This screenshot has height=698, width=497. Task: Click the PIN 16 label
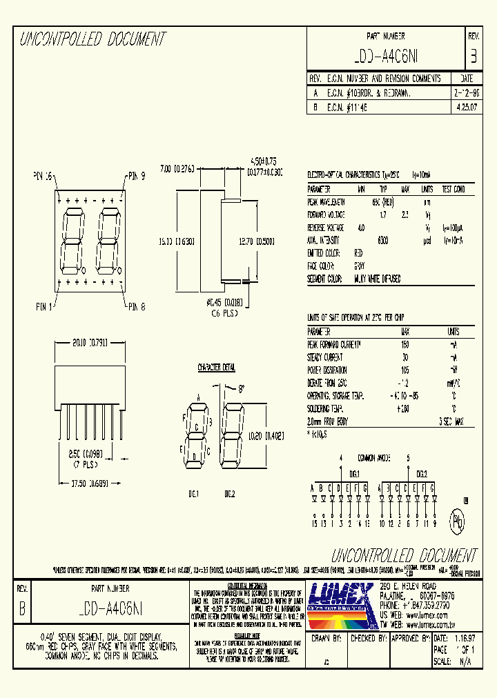point(43,177)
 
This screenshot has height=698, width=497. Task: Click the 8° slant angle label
point(240,388)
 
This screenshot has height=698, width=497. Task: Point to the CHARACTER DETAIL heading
point(217,368)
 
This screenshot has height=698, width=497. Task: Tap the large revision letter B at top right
point(473,56)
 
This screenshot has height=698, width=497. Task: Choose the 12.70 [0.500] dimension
point(255,241)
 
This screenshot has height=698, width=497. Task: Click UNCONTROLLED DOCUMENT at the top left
point(92,39)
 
